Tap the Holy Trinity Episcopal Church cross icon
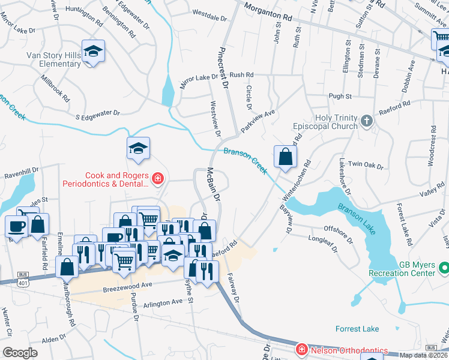pos(367,122)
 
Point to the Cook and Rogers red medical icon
pos(157,178)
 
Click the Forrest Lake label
pos(357,329)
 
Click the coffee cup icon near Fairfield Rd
pos(16,226)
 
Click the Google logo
pos(20,353)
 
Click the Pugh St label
pos(340,96)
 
